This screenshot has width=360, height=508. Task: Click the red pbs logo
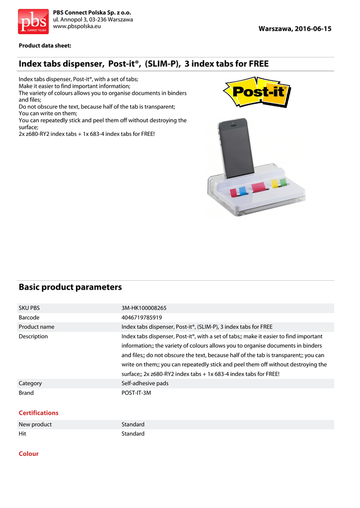click(33, 21)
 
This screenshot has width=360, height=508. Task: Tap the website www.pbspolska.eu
click(76, 26)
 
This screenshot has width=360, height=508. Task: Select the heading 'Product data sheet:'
click(45, 46)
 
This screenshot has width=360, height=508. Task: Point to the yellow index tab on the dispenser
click(274, 184)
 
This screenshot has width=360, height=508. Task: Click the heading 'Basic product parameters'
click(70, 287)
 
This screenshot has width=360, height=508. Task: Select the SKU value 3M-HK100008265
click(144, 308)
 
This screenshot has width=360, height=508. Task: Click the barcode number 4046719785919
click(142, 317)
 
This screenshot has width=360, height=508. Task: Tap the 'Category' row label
click(30, 383)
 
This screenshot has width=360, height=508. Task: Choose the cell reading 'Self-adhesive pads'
click(145, 383)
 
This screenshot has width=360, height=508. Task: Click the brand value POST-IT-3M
click(137, 393)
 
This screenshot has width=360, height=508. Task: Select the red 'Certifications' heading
click(38, 413)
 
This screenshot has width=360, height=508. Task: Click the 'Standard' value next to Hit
click(133, 434)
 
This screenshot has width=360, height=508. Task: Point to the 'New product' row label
click(35, 425)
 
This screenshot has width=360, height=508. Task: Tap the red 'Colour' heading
click(28, 454)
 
